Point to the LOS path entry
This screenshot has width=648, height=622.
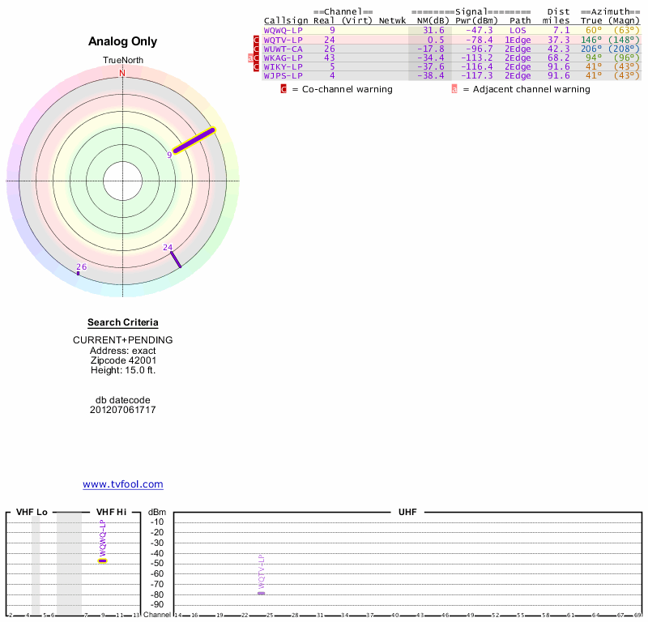(518, 30)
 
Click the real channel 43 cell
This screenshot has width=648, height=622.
(329, 58)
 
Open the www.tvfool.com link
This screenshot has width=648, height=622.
(123, 484)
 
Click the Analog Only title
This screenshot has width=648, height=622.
(123, 41)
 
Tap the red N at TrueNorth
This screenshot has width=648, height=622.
(122, 74)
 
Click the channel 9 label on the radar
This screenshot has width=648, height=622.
(170, 154)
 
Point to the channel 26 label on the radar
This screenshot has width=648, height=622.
(81, 266)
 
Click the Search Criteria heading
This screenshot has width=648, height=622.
(123, 322)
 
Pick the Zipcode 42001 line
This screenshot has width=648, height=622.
(123, 360)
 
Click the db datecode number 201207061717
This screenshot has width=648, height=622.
(123, 410)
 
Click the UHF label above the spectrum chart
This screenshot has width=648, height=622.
(407, 513)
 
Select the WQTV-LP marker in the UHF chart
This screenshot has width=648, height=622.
(261, 593)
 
